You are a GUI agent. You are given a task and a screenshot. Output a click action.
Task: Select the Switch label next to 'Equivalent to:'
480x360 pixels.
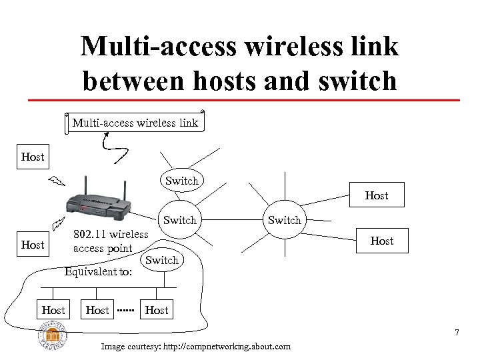pyautogui.click(x=162, y=260)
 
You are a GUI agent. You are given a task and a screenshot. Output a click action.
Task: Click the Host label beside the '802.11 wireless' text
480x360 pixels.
pyautogui.click(x=33, y=245)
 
